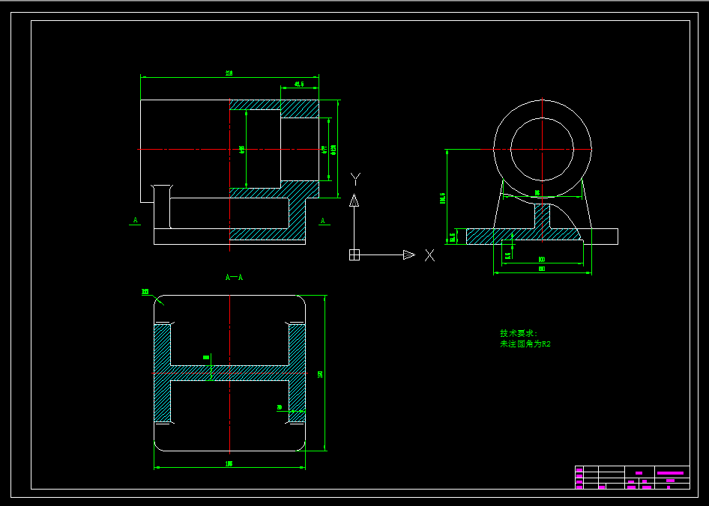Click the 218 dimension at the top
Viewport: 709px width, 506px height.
pos(229,73)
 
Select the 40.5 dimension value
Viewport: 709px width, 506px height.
pos(299,84)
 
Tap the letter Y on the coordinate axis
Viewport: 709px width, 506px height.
pos(355,178)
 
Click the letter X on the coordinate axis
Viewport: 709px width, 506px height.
pos(429,255)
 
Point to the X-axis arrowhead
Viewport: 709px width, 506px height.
pos(408,255)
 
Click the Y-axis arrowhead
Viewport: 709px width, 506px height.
pos(354,200)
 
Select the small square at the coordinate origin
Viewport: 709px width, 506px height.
pos(354,254)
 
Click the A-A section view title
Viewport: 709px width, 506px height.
pos(235,278)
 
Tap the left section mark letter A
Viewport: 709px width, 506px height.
pos(136,220)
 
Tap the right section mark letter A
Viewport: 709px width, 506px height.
pos(323,220)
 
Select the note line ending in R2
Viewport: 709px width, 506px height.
pos(525,344)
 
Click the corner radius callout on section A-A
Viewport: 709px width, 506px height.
pos(145,291)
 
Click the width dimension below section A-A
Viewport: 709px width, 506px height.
pos(229,464)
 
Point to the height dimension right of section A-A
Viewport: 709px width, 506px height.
pos(320,374)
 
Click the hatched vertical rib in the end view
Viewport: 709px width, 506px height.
pos(541,217)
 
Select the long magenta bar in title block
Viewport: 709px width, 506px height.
pos(672,472)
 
